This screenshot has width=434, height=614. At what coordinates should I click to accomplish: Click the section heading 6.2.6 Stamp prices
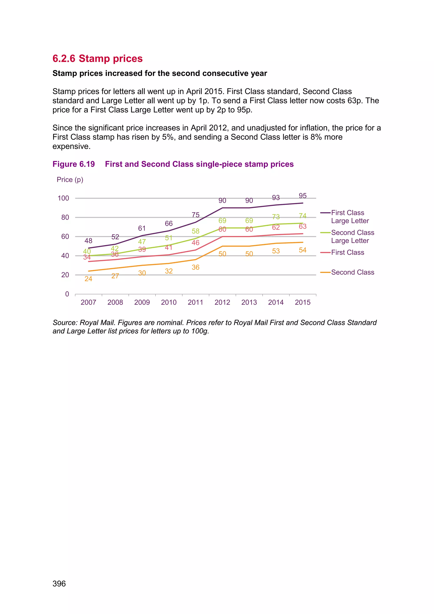[97, 59]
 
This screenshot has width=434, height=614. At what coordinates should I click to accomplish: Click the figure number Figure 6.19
[74, 164]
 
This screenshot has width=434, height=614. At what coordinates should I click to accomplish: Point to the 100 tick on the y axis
[63, 198]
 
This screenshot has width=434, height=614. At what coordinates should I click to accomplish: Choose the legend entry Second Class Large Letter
[352, 236]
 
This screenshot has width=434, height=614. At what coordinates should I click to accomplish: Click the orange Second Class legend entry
[352, 272]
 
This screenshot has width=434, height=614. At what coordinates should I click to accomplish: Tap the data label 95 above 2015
[303, 196]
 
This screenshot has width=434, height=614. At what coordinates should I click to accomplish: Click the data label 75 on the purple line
[195, 215]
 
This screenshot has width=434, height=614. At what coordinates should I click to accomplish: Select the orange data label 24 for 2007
[88, 279]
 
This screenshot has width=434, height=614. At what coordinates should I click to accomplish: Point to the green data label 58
[195, 231]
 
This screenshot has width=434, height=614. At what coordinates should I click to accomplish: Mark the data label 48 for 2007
[88, 241]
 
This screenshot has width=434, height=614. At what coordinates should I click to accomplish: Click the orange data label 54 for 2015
[303, 250]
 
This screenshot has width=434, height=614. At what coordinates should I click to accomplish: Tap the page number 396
[59, 583]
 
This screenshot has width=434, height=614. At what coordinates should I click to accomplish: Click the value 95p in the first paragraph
[244, 110]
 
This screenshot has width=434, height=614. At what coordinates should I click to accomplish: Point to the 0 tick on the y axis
[67, 294]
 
